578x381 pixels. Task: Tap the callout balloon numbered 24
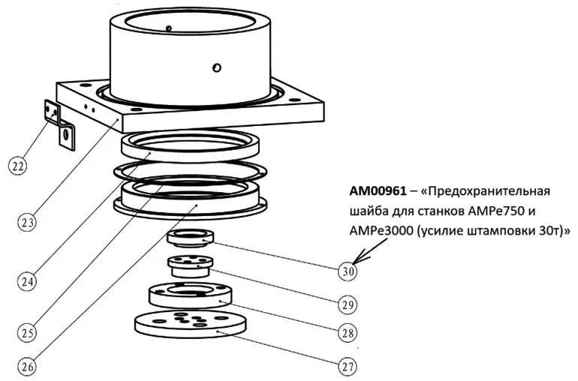click(x=28, y=282)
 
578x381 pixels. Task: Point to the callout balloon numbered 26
click(x=28, y=367)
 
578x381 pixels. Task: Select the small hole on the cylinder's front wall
click(x=216, y=68)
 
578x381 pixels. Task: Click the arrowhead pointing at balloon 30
click(x=358, y=259)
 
